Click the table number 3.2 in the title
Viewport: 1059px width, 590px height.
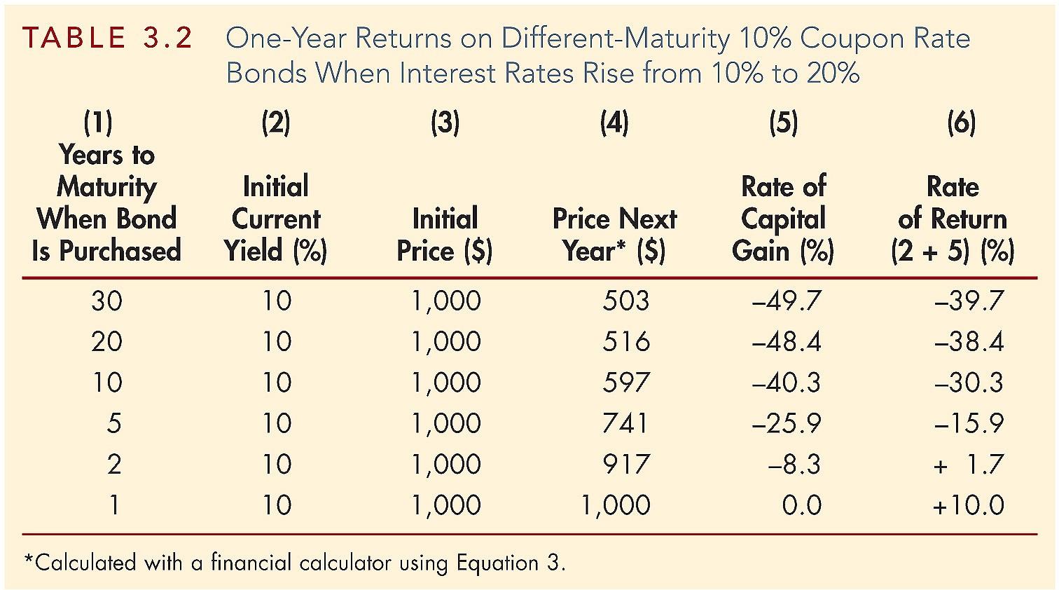167,38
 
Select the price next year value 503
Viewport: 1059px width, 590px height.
625,301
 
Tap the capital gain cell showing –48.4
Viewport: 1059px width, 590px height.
786,341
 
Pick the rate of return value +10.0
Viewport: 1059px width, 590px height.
968,505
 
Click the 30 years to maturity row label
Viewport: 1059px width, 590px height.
106,301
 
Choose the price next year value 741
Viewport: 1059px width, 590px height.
625,423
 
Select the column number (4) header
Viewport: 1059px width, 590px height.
614,123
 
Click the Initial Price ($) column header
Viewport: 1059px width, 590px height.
445,234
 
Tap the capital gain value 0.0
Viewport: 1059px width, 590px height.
801,505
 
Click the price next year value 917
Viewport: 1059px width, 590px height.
626,464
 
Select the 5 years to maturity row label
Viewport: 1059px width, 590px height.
113,423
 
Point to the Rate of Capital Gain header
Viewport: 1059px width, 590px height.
783,218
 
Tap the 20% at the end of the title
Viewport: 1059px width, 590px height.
833,73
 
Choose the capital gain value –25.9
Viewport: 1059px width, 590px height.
786,423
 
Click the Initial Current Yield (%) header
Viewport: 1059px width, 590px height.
275,218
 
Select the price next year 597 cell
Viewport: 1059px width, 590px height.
626,383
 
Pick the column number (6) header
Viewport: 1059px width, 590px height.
961,123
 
